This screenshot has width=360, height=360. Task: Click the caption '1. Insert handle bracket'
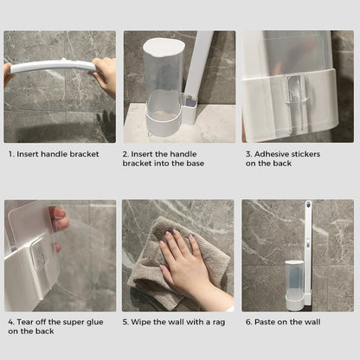54,154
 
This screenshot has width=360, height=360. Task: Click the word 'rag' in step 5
217,322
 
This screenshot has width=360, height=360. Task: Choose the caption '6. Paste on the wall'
283,322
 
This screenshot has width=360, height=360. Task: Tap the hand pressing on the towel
186,265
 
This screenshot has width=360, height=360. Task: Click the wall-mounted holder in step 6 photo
295,281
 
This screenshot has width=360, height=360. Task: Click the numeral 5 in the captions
126,322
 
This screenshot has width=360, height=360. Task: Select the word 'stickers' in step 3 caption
307,154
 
